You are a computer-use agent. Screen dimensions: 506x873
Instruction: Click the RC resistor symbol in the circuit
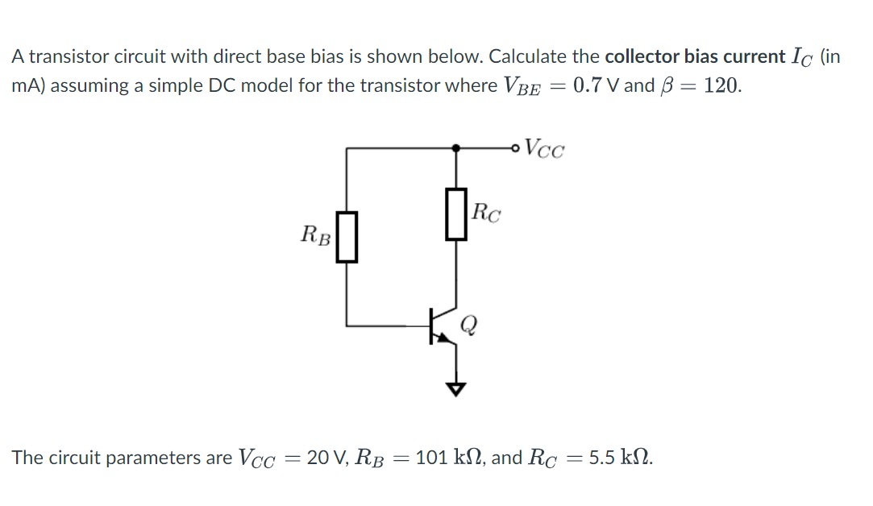(x=456, y=214)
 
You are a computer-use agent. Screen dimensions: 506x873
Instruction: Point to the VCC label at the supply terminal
(x=546, y=148)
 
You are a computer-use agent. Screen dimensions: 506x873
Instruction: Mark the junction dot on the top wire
(x=456, y=147)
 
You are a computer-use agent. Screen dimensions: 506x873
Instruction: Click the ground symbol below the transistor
(x=457, y=388)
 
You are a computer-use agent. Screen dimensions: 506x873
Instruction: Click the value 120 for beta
(x=721, y=85)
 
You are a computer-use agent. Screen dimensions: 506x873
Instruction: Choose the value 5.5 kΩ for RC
(x=621, y=458)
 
